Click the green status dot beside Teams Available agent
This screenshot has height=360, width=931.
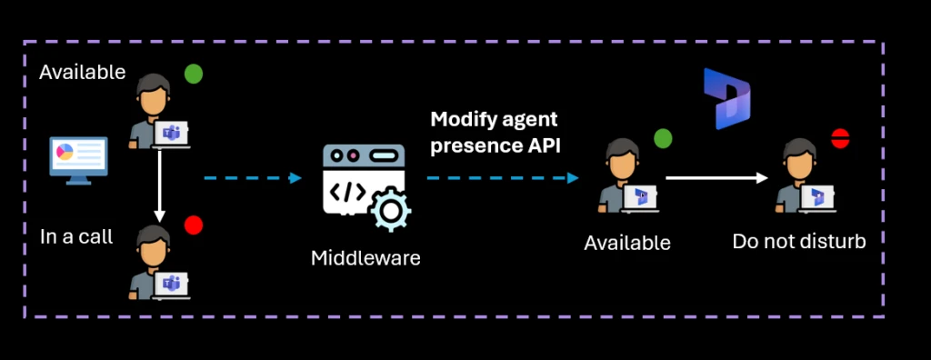[194, 74]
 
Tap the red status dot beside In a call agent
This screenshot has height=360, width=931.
[194, 225]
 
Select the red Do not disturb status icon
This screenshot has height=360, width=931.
[840, 138]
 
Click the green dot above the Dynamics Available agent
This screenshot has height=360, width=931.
[663, 138]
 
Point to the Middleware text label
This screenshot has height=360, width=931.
[365, 258]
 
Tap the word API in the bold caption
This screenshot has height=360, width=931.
[539, 144]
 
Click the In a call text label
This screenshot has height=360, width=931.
[76, 237]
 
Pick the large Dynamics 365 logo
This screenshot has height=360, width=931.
[726, 98]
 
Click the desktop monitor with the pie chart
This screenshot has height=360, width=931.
[78, 158]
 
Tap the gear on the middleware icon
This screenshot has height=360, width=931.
[390, 212]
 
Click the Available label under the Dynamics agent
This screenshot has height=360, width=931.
[627, 244]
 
